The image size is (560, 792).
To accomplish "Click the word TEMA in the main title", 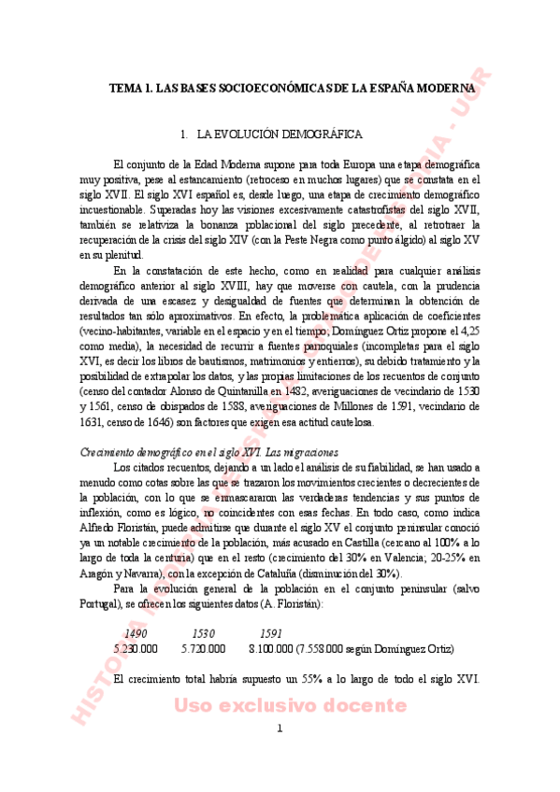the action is click(x=125, y=88).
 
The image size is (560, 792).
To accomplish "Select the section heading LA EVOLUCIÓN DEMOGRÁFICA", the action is click(x=280, y=135).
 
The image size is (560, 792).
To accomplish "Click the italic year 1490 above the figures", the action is click(x=136, y=633).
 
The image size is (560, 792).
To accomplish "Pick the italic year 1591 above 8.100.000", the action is click(x=271, y=633).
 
